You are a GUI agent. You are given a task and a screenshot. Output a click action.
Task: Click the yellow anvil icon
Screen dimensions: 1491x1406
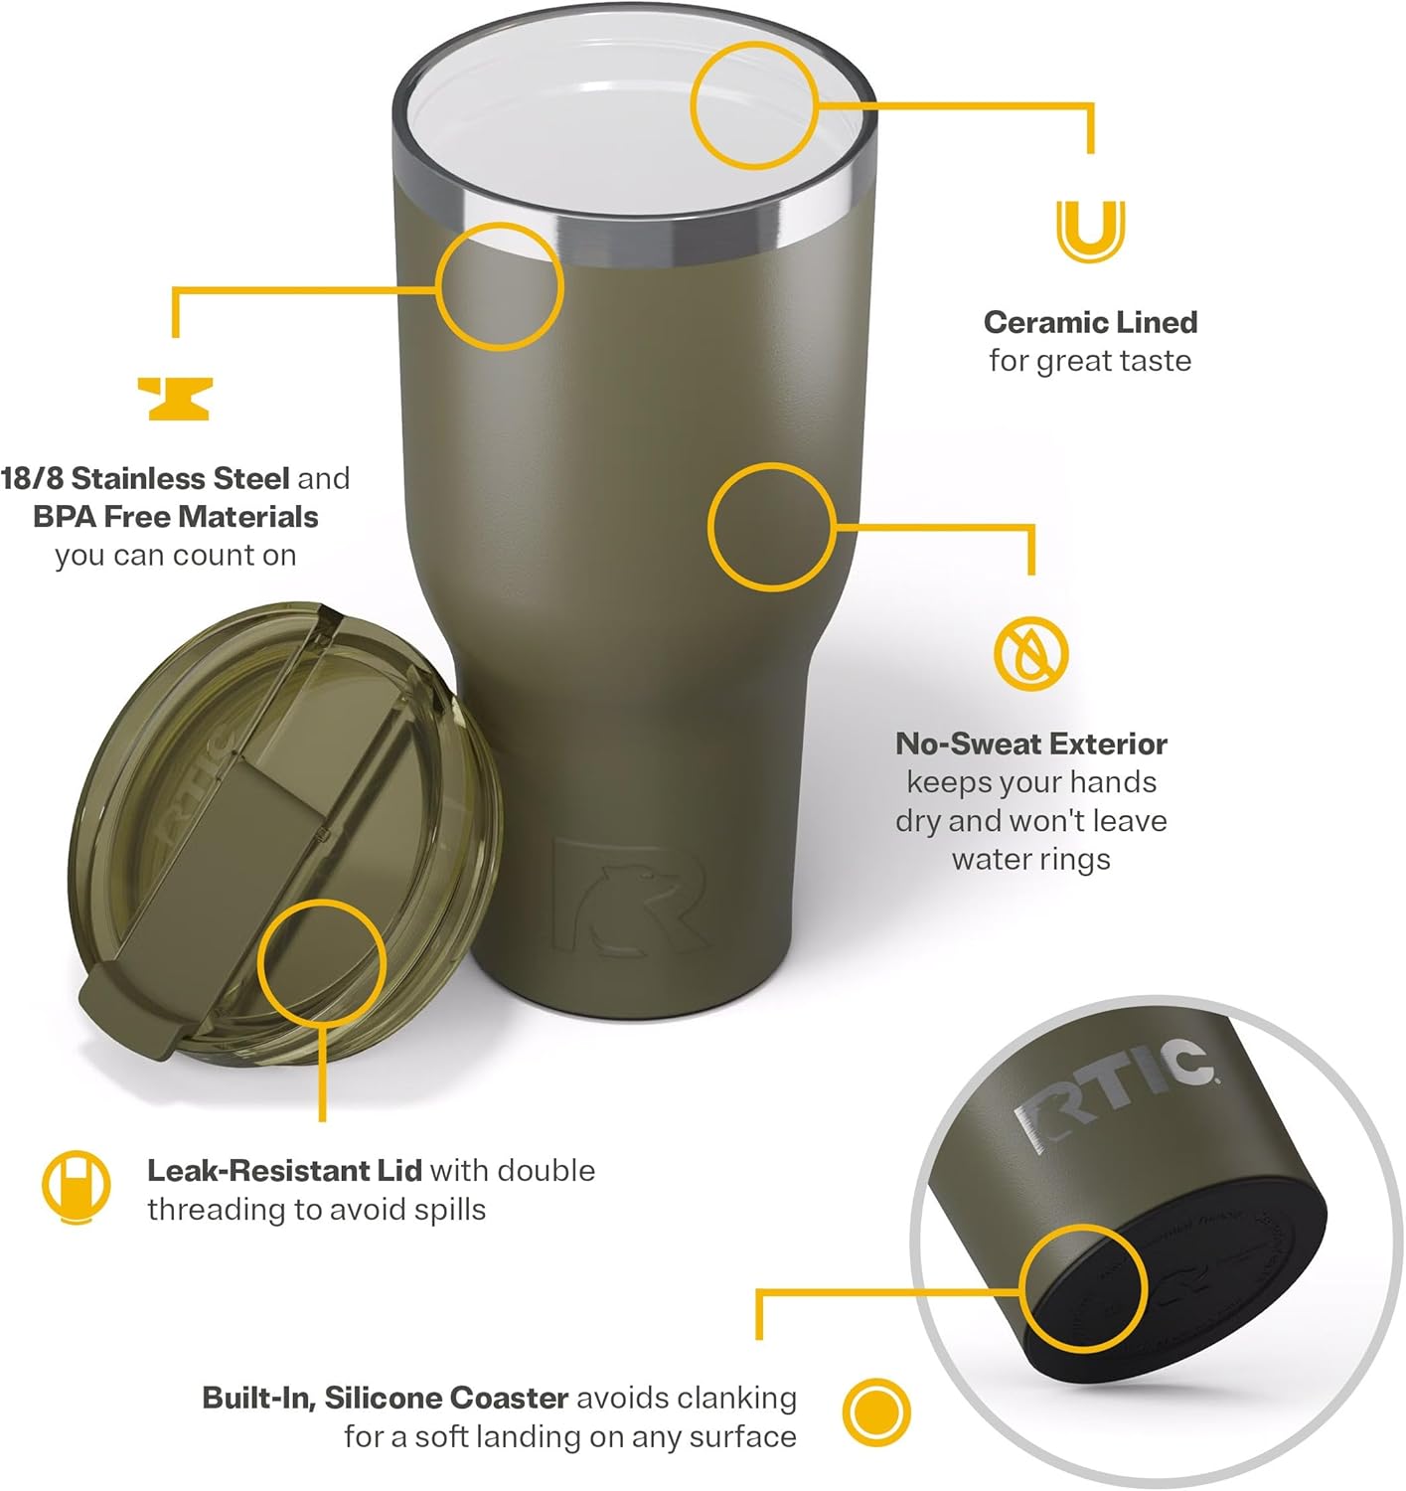174,398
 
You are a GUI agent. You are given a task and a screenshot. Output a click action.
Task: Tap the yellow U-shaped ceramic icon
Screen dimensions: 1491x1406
1090,231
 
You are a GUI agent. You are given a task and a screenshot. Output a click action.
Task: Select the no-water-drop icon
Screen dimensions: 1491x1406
1030,654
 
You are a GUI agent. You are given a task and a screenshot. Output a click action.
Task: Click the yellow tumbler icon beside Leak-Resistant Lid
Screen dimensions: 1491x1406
76,1187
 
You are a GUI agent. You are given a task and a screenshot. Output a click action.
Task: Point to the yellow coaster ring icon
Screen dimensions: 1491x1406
876,1412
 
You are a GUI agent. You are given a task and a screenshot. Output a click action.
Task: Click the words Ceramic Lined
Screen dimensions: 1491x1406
1090,322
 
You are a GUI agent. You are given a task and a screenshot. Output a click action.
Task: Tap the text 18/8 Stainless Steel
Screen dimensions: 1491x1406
145,478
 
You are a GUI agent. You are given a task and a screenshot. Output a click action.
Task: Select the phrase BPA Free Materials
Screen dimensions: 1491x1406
176,517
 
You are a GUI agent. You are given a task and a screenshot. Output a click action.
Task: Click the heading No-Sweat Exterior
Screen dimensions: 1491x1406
1030,744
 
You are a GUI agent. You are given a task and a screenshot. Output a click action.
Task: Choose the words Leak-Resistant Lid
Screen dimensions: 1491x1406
284,1170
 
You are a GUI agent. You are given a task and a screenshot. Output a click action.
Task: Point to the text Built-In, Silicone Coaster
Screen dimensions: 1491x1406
385,1398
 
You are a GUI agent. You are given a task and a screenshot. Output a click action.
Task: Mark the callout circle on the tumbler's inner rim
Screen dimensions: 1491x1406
753,105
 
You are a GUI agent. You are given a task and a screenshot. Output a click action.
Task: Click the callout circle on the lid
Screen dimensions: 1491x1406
321,962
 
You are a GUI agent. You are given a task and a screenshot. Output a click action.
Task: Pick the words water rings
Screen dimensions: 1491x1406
1030,859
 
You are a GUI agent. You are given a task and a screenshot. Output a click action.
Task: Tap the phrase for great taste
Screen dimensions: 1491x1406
1090,361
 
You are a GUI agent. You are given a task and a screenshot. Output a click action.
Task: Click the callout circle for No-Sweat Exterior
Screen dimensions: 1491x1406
771,526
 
